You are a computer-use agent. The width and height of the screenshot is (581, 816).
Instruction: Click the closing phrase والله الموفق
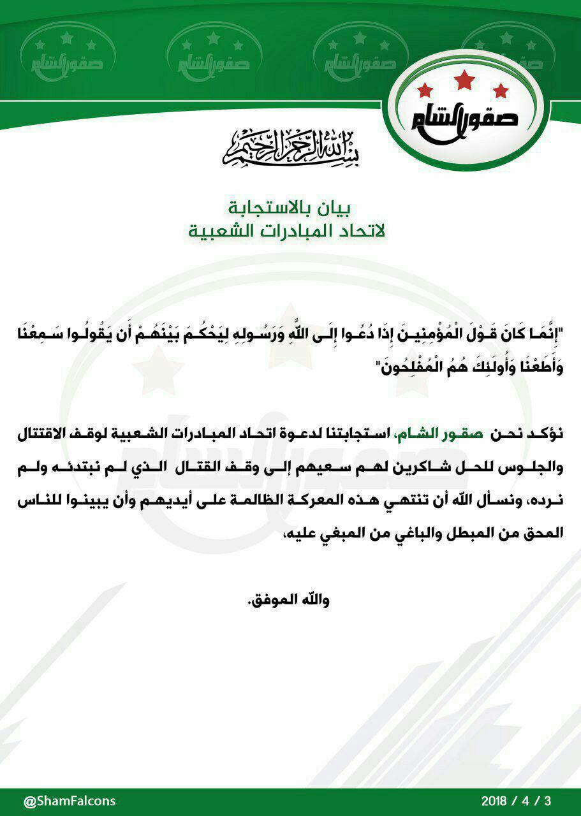coord(291,601)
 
